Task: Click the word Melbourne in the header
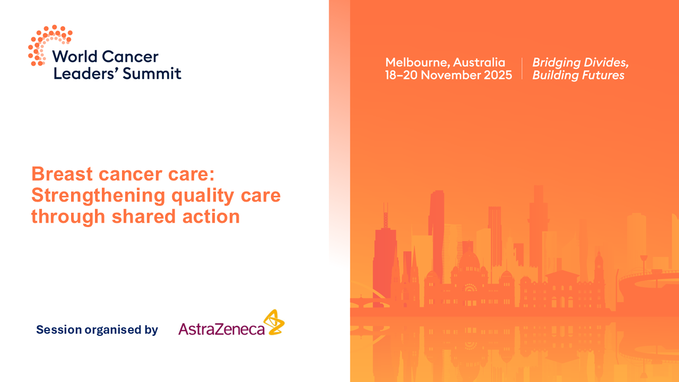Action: pyautogui.click(x=417, y=63)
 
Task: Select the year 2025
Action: pyautogui.click(x=498, y=75)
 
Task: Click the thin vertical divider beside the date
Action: pyautogui.click(x=523, y=69)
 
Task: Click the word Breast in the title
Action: pyautogui.click(x=62, y=174)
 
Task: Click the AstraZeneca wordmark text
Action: pyautogui.click(x=221, y=329)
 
